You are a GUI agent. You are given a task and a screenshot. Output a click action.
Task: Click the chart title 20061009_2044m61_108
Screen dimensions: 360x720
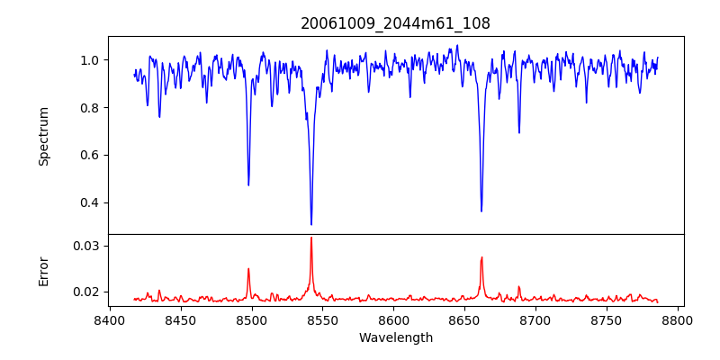pos(395,23)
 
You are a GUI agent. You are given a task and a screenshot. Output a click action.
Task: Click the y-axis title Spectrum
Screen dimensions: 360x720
pos(43,136)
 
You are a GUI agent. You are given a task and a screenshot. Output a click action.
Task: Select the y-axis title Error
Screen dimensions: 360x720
pos(43,270)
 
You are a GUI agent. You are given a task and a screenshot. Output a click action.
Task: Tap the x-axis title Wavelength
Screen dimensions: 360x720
pos(395,338)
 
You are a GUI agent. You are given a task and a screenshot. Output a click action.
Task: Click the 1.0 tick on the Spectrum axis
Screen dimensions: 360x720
pos(90,60)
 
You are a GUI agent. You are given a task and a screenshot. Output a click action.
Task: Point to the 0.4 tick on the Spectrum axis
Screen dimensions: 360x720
pos(90,202)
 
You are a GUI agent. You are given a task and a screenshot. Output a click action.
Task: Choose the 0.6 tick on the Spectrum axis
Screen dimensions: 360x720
pos(90,155)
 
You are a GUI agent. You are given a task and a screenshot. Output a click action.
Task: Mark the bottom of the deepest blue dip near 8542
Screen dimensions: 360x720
pos(311,224)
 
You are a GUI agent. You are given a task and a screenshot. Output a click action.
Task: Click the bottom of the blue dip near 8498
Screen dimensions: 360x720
pos(248,185)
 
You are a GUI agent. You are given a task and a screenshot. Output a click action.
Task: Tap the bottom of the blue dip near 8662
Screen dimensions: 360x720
pos(481,211)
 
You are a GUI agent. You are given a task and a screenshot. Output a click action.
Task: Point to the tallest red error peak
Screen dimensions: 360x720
pos(311,238)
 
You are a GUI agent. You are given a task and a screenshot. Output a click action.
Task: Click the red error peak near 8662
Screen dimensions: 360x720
pos(481,257)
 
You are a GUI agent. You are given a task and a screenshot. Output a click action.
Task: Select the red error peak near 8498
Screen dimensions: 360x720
pos(248,268)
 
